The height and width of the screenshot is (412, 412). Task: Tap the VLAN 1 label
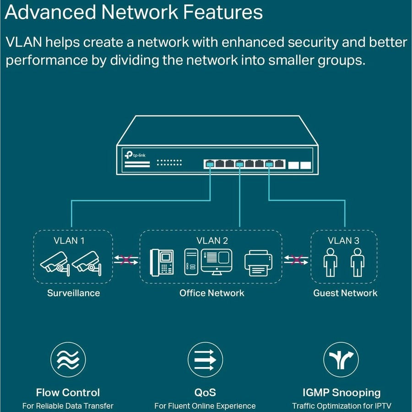pyautogui.click(x=69, y=240)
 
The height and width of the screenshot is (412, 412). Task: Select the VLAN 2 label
pyautogui.click(x=212, y=240)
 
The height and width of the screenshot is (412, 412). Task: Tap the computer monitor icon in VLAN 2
pyautogui.click(x=216, y=261)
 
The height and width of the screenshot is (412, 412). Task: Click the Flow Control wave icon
pyautogui.click(x=68, y=359)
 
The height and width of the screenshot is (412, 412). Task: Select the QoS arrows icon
pyautogui.click(x=205, y=359)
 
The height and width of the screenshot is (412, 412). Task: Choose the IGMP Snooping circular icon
pyautogui.click(x=341, y=359)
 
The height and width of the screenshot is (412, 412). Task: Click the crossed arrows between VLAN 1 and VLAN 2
pyautogui.click(x=126, y=260)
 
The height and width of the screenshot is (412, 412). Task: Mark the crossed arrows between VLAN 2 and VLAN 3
pyautogui.click(x=296, y=260)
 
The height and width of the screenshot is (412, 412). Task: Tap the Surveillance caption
pyautogui.click(x=73, y=293)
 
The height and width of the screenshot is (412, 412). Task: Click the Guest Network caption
pyautogui.click(x=345, y=293)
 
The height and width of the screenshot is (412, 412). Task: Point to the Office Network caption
pyautogui.click(x=211, y=293)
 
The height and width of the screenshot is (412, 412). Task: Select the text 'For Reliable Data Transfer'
pyautogui.click(x=68, y=406)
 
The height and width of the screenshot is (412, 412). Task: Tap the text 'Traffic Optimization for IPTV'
pyautogui.click(x=342, y=406)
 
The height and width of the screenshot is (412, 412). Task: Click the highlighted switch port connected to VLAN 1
pyautogui.click(x=210, y=163)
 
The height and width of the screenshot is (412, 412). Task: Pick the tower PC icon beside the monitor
pyautogui.click(x=191, y=262)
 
